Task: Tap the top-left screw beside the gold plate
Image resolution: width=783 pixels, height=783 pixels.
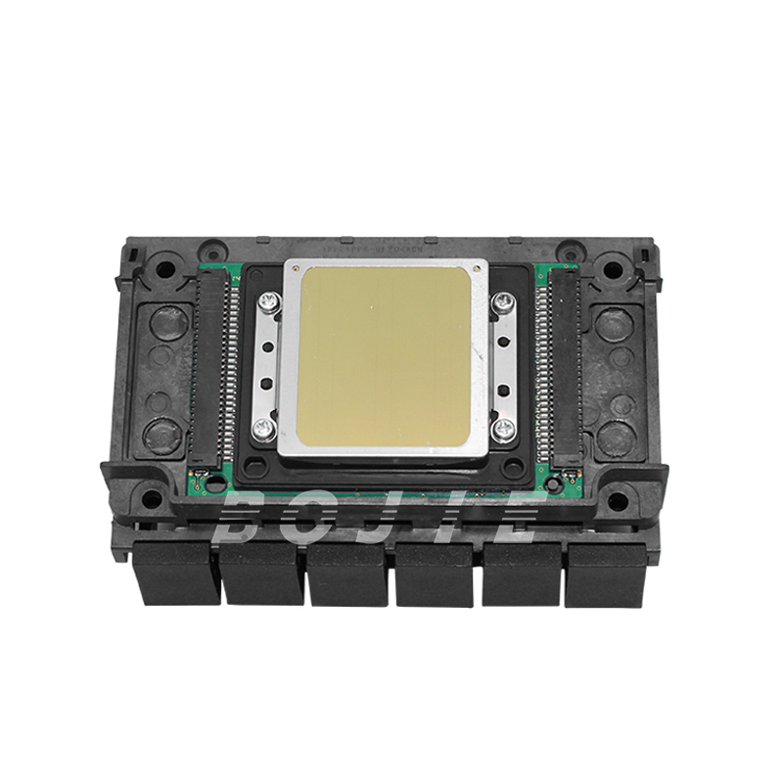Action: pos(265,305)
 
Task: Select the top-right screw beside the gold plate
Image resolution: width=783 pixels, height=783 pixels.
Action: pos(503,301)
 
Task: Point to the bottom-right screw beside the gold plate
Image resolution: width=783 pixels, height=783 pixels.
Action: pos(503,427)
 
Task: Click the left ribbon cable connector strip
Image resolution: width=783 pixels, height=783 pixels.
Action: pos(217,368)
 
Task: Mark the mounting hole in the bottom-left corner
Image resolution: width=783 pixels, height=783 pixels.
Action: pos(152,499)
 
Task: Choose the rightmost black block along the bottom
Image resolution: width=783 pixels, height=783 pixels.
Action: pos(606,574)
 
